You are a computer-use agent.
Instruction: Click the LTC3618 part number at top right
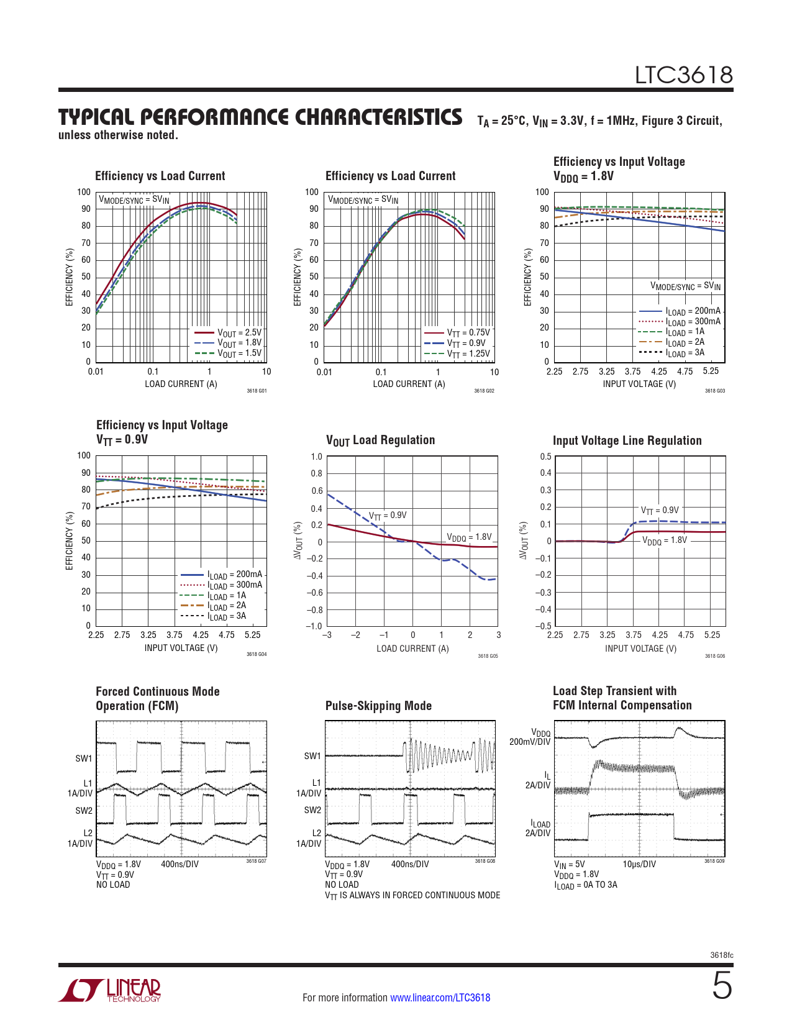(x=683, y=75)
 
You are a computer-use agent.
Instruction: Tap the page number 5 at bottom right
(x=722, y=986)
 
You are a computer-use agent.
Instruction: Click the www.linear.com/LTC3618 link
(x=440, y=998)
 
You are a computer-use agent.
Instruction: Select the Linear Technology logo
(x=110, y=990)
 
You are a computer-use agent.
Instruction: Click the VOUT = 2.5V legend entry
(x=239, y=333)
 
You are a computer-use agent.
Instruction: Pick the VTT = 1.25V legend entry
(x=468, y=354)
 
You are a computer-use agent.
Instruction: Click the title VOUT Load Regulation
(x=380, y=440)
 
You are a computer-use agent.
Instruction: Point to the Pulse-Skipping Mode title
(x=378, y=706)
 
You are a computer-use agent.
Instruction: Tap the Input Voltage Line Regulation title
(x=627, y=440)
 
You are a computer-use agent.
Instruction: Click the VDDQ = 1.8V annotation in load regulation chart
(x=469, y=537)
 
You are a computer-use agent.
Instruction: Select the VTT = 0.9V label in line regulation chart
(x=660, y=511)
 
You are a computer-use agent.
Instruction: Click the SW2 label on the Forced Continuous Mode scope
(x=84, y=811)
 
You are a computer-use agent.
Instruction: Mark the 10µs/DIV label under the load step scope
(x=639, y=864)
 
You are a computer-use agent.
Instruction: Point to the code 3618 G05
(x=488, y=656)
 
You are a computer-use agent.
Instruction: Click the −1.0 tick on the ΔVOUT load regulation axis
(x=315, y=626)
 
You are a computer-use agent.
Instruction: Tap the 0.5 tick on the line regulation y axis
(x=545, y=457)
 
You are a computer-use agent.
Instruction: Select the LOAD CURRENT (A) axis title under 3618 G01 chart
(x=181, y=384)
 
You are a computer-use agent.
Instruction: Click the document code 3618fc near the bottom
(x=721, y=955)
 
